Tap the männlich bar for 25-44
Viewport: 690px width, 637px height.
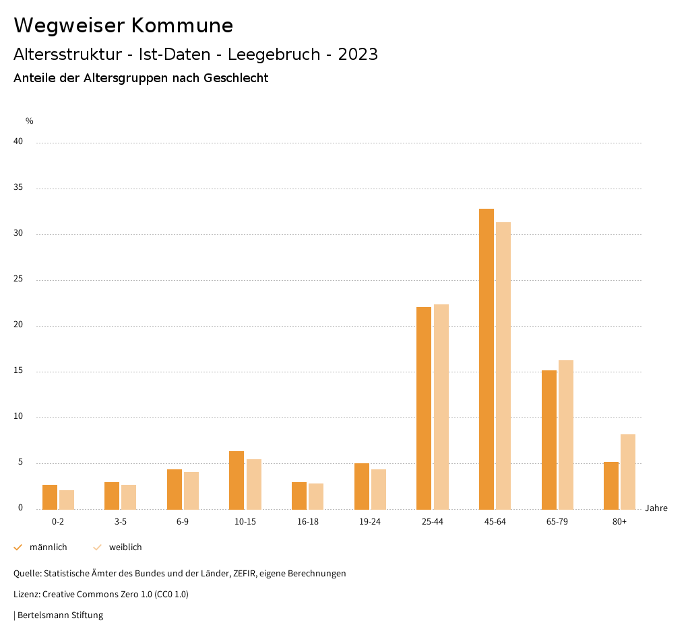pos(424,408)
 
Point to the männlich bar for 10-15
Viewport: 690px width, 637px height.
pos(237,480)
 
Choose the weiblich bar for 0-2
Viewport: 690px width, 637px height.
pos(67,500)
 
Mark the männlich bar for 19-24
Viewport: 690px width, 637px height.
pos(362,486)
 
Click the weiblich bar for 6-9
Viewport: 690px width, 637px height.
pos(191,490)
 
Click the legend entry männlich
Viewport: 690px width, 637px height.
pos(48,547)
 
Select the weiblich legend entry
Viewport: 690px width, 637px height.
pos(125,547)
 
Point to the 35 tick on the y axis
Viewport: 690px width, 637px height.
pos(18,188)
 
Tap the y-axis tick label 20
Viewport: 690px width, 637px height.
pos(18,325)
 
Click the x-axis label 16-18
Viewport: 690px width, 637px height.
pos(308,522)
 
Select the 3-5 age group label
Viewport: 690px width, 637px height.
pos(121,522)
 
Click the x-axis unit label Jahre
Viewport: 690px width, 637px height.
pos(656,508)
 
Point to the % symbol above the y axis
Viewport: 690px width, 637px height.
pos(30,121)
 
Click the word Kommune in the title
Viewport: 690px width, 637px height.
pos(182,26)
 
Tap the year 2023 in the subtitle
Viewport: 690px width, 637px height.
pos(358,55)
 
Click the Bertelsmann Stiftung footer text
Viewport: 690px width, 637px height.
pos(60,615)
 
